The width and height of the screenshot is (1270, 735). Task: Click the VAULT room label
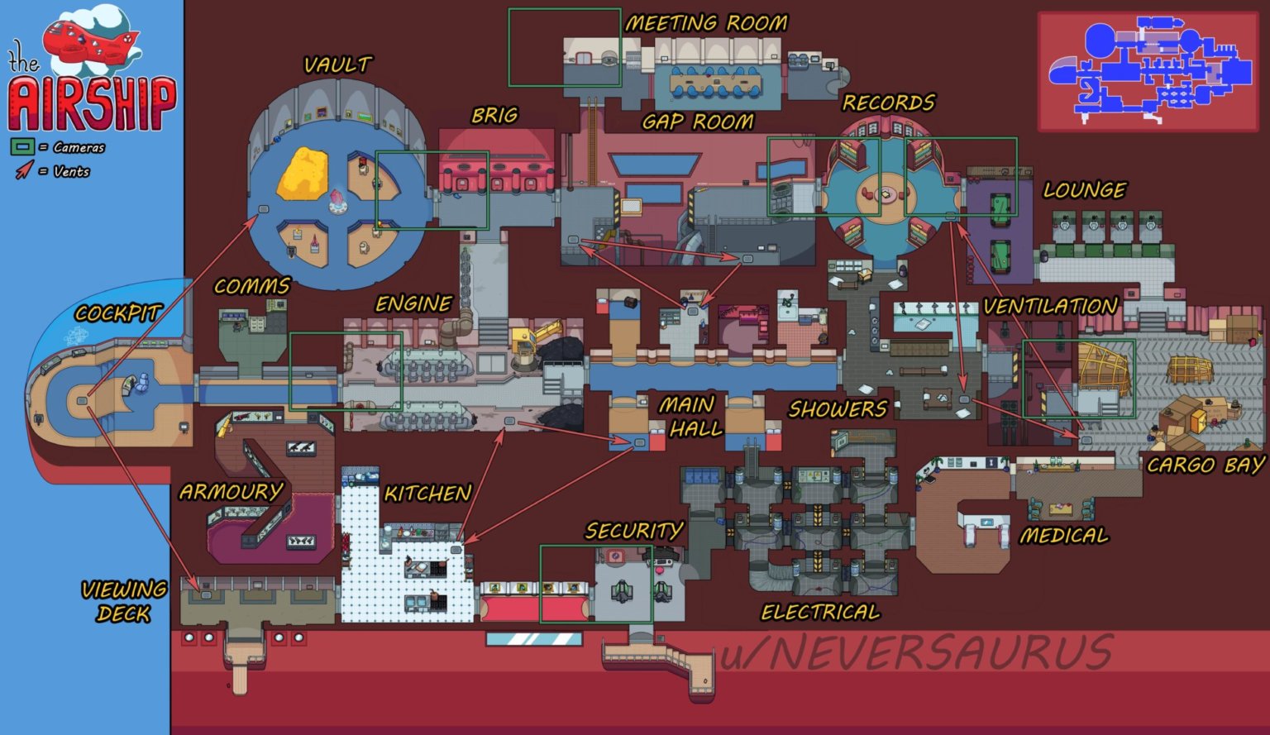point(337,64)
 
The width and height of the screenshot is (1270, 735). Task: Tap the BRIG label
point(494,115)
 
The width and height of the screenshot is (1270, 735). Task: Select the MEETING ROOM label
point(705,23)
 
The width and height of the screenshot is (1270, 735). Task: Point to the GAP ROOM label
point(698,122)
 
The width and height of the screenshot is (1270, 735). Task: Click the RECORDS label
point(888,103)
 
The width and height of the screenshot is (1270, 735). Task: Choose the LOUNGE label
point(1084,190)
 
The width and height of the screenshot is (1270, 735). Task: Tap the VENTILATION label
point(1050,306)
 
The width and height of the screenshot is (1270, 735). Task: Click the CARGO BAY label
point(1205,465)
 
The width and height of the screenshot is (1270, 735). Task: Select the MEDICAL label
point(1063,536)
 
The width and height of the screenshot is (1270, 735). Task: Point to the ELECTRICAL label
point(820,612)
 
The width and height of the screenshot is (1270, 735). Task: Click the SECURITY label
point(634,530)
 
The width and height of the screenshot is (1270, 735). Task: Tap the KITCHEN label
point(427,494)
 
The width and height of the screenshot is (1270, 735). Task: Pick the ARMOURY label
point(231,491)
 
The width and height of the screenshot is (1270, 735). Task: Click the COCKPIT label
point(117,313)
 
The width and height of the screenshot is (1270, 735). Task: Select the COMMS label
point(251,286)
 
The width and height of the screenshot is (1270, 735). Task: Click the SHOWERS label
point(837,408)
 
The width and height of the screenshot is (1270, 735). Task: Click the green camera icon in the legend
point(22,147)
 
